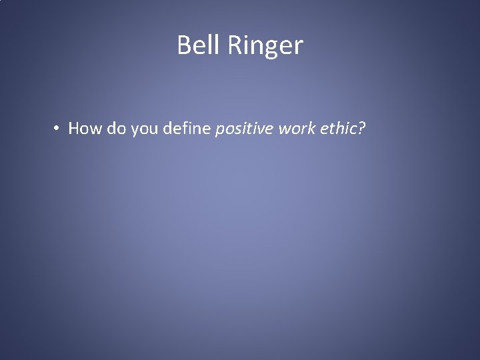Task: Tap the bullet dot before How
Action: pyautogui.click(x=59, y=128)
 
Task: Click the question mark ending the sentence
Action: pyautogui.click(x=361, y=128)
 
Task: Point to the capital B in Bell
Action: pyautogui.click(x=184, y=45)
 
